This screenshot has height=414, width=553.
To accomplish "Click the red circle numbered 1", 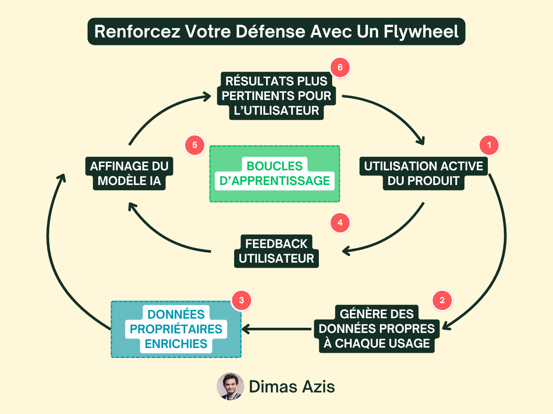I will pos(489,145).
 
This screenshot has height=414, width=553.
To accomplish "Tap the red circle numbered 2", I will pos(442,301).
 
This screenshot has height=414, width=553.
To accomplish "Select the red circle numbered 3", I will pos(242,301).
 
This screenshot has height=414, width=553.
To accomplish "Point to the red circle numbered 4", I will pos(340,223).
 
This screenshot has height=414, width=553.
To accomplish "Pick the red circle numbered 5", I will pos(195,145).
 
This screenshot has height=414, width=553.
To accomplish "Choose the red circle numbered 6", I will pos(340,68).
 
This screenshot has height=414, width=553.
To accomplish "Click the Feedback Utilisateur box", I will pos(276,251).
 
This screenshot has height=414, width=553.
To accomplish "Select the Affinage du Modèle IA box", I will pos(129,173).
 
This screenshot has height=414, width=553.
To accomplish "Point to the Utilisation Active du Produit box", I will pos(423,173).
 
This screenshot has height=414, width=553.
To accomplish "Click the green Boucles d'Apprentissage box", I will pos(275,174).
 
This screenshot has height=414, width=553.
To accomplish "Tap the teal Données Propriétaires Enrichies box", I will pos(176,329).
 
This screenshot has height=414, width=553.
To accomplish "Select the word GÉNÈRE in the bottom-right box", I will pos(357,314).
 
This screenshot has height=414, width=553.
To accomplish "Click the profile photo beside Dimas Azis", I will pos(230,386).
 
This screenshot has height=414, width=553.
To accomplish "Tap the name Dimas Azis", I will pos(292,387).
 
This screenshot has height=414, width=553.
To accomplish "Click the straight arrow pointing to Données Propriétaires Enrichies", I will pos(276,329).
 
